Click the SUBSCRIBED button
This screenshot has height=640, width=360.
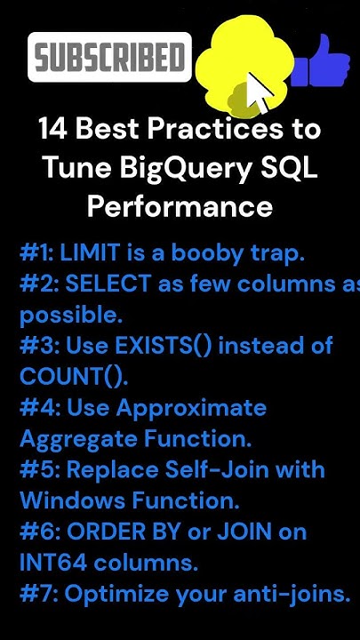[109, 58]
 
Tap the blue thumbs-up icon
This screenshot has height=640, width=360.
[321, 62]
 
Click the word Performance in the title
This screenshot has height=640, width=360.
[180, 207]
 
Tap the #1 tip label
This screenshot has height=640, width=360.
[36, 252]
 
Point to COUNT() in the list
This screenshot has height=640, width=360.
[73, 376]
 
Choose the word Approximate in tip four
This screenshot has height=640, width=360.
[192, 407]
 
